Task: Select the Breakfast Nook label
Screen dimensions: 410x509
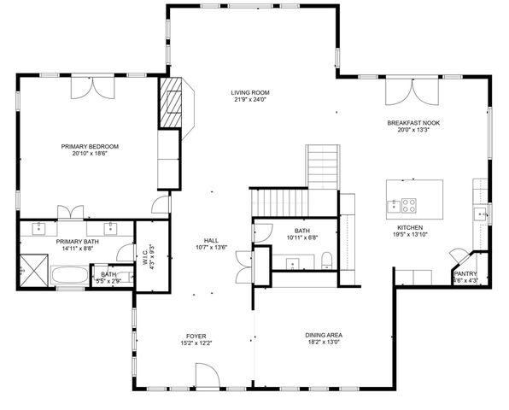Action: pos(410,122)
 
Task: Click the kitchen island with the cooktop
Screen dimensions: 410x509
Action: pos(416,196)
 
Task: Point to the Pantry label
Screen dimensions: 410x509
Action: pos(465,274)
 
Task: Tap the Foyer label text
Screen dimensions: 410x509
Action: pos(196,336)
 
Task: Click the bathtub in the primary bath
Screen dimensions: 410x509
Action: pos(69,276)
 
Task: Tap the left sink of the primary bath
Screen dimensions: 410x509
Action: pos(41,229)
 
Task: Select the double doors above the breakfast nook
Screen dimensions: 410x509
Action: pos(401,92)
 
